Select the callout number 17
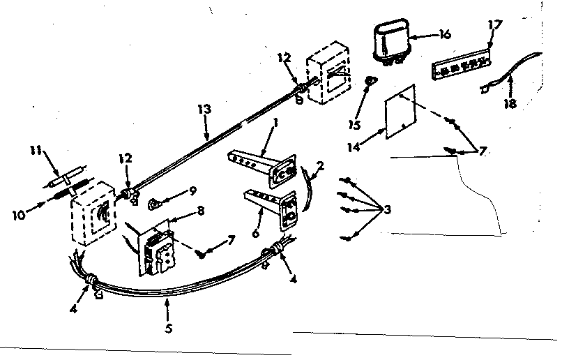494,24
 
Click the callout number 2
319,166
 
